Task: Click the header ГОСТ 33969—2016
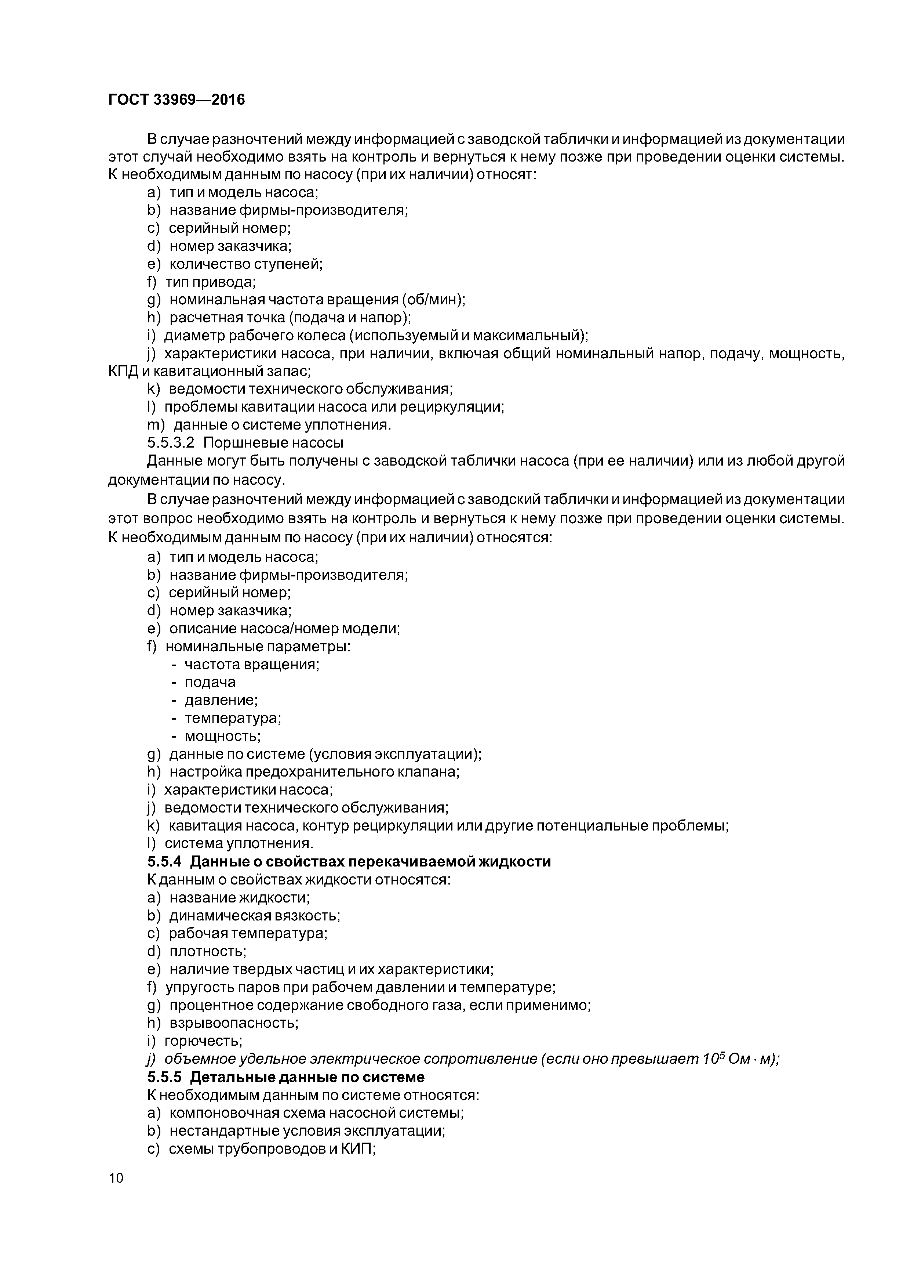click(176, 100)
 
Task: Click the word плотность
click(207, 951)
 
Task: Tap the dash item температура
click(232, 718)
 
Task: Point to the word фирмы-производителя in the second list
click(324, 575)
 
